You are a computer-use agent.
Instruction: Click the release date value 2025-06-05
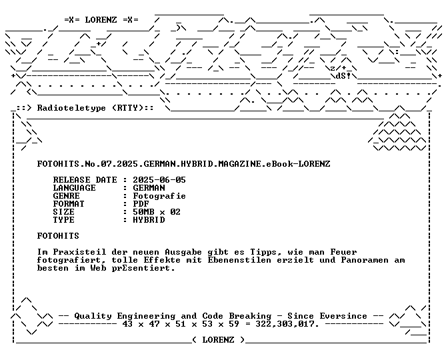(159, 180)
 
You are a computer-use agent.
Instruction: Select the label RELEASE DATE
(85, 180)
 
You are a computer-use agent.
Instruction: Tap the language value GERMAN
(149, 188)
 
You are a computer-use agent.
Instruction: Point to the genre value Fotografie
(159, 196)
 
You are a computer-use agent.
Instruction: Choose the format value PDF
(141, 204)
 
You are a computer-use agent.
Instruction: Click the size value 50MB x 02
(157, 212)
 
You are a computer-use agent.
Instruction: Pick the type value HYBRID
(149, 220)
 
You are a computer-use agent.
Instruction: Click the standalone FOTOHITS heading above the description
(58, 236)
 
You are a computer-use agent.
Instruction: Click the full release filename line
(184, 164)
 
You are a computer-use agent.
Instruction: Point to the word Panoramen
(365, 260)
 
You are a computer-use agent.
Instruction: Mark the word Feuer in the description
(344, 252)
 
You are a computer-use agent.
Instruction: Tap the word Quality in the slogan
(93, 316)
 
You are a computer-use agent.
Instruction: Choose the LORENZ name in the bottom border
(218, 340)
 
